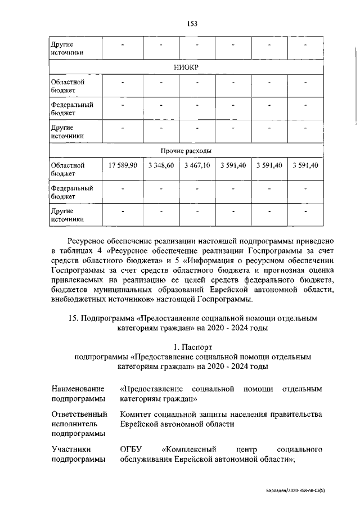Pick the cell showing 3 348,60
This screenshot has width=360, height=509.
161,165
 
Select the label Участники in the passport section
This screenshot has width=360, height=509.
71,450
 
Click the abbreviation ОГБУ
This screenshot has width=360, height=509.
133,450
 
